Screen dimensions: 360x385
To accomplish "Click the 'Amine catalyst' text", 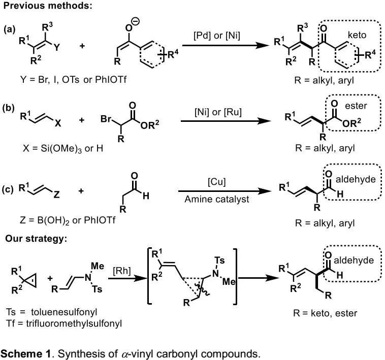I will click(217, 200).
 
